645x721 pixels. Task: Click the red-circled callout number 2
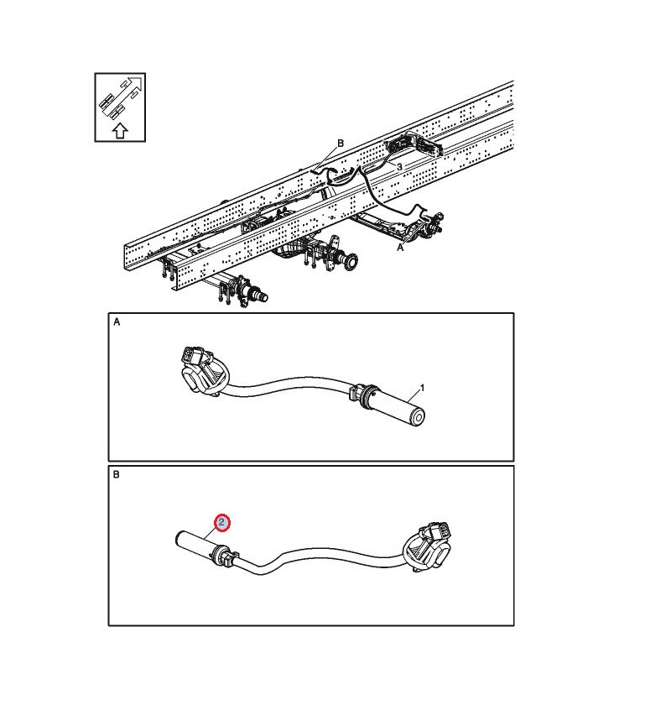[222, 522]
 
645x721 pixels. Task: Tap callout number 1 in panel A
[422, 388]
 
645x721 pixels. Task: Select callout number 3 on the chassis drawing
[399, 167]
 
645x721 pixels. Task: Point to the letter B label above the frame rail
[341, 144]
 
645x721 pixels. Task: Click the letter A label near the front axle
[400, 248]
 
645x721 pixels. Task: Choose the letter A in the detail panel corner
[117, 321]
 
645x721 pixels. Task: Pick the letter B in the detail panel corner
[117, 474]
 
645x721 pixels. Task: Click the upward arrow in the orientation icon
[120, 131]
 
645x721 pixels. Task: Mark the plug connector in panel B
[428, 546]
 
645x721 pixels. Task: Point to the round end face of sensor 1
[418, 417]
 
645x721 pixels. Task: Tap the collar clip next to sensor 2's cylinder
[223, 556]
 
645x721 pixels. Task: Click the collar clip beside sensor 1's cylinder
[363, 395]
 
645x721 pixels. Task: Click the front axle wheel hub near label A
[431, 225]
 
